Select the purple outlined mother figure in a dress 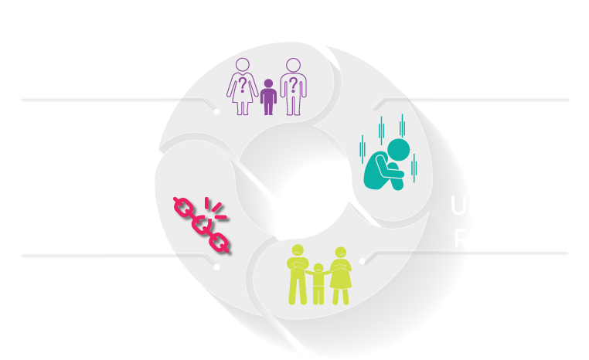click(243, 86)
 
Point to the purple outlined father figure click(294, 86)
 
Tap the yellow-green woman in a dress click(341, 277)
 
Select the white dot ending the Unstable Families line click(362, 260)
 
